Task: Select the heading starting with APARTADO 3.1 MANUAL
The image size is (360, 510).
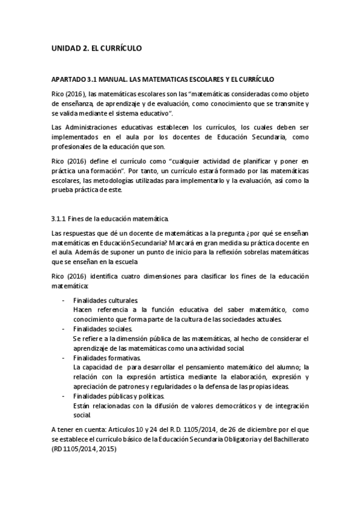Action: (x=162, y=79)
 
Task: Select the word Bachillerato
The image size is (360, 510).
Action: (x=284, y=440)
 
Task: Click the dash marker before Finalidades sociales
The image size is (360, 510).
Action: (x=64, y=329)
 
